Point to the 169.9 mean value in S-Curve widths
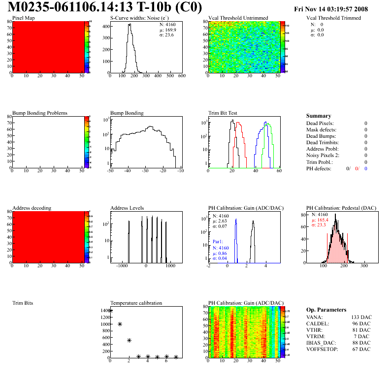click(x=170, y=30)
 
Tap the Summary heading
click(x=319, y=116)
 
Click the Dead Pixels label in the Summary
click(x=320, y=123)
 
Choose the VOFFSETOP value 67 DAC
click(x=360, y=349)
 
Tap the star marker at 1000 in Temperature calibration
click(x=120, y=324)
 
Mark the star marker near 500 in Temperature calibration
click(x=129, y=340)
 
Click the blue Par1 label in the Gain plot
click(x=218, y=242)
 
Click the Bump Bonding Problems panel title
click(x=40, y=113)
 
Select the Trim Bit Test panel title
click(x=223, y=113)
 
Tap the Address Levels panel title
click(x=127, y=208)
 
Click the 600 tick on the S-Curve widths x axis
click(x=182, y=76)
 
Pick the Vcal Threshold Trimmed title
click(x=333, y=18)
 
